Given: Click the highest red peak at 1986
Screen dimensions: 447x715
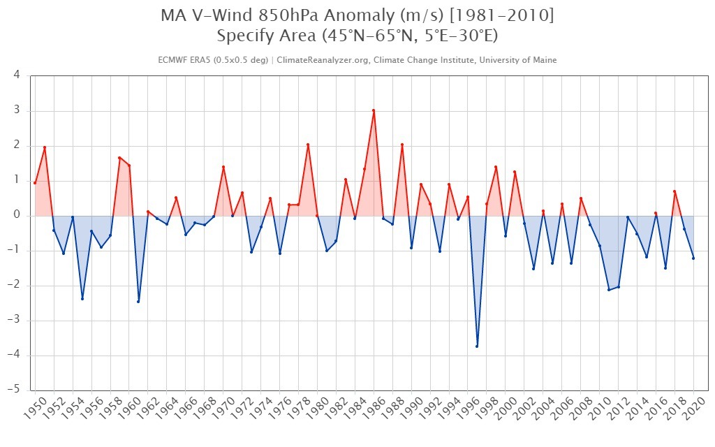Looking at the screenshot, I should click(x=374, y=110).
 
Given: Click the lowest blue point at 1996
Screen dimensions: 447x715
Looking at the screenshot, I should click(x=477, y=346).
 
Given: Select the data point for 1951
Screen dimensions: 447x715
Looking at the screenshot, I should click(x=45, y=147).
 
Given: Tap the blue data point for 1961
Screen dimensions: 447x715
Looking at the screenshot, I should click(x=138, y=301).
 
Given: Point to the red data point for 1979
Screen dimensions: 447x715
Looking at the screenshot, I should click(x=308, y=145).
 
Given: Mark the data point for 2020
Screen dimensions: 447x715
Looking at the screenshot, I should click(x=693, y=258).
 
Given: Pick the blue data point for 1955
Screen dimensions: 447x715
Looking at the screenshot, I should click(x=82, y=298).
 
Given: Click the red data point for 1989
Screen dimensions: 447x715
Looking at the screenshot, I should click(x=401, y=145).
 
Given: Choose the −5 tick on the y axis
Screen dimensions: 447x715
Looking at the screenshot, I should click(x=14, y=390).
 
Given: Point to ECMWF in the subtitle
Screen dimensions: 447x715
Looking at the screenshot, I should click(x=174, y=60).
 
